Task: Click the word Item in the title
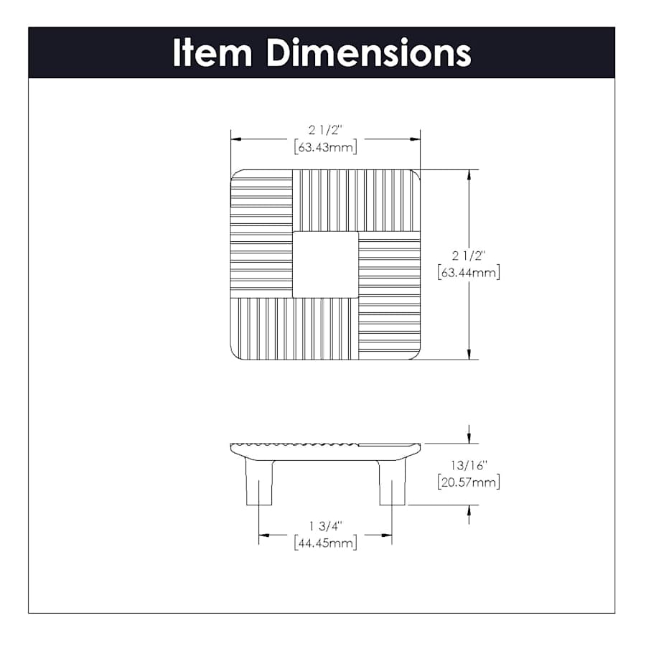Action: pos(212,52)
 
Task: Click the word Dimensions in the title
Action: pos(369,52)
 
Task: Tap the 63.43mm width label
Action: pos(325,147)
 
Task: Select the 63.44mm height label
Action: pos(469,272)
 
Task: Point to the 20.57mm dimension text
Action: pos(469,482)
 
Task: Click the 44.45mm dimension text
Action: pos(325,543)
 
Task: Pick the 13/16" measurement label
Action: pos(469,465)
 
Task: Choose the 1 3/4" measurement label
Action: pos(326,526)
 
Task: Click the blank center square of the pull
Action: pos(325,264)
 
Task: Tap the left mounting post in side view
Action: pos(259,482)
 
